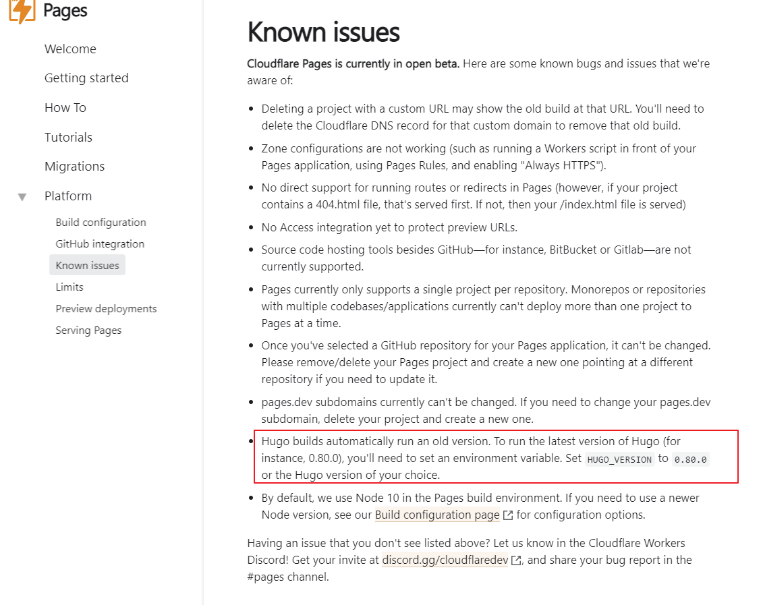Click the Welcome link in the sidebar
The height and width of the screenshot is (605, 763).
pyautogui.click(x=70, y=49)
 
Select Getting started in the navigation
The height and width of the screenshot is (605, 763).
pyautogui.click(x=86, y=78)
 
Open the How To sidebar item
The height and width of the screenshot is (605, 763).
pyautogui.click(x=65, y=108)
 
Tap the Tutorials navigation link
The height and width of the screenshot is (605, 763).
pyautogui.click(x=68, y=138)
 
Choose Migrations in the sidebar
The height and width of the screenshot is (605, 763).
pyautogui.click(x=74, y=167)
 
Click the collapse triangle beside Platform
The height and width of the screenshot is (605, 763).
pyautogui.click(x=22, y=197)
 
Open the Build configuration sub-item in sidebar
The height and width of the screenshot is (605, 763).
pyautogui.click(x=101, y=223)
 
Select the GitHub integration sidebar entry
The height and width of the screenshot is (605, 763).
pyautogui.click(x=100, y=244)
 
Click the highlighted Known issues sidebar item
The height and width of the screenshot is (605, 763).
pyautogui.click(x=87, y=266)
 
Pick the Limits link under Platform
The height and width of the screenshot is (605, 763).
pyautogui.click(x=69, y=287)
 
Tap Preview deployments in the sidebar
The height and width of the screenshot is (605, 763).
pyautogui.click(x=106, y=309)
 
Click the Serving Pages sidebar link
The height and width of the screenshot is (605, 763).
pyautogui.click(x=88, y=330)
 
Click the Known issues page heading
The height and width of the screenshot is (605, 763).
pyautogui.click(x=323, y=32)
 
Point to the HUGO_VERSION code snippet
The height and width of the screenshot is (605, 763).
pyautogui.click(x=619, y=459)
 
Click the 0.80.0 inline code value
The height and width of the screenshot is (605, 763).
pyautogui.click(x=691, y=459)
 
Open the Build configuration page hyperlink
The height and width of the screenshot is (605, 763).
pyautogui.click(x=437, y=515)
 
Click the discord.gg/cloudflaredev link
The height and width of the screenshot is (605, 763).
pyautogui.click(x=445, y=560)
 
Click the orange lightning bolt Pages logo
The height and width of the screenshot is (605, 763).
pyautogui.click(x=22, y=11)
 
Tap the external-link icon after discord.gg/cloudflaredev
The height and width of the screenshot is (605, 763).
pyautogui.click(x=516, y=560)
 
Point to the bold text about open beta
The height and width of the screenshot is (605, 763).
pyautogui.click(x=354, y=64)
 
